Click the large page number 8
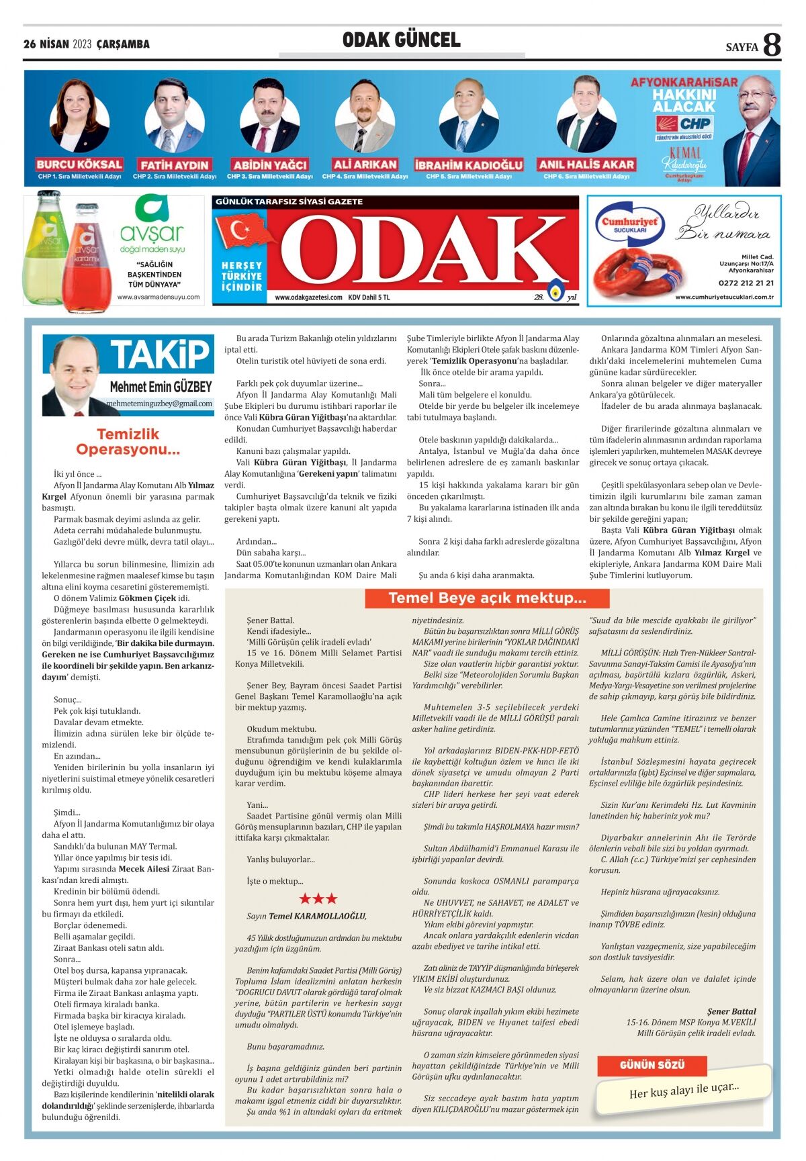point(772,45)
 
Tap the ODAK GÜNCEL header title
point(402,40)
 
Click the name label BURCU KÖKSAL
point(79,165)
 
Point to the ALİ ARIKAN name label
point(365,165)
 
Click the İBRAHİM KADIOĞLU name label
point(468,165)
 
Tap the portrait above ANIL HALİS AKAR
point(586,115)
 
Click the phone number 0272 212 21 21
point(746,283)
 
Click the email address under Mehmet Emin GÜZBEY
point(159,404)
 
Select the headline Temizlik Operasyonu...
point(128,442)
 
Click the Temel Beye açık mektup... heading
point(487,598)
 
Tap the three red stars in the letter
point(318,898)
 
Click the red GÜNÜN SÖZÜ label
point(652,1065)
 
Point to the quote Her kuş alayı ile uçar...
point(684,1090)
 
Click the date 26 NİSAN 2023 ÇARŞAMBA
point(87,44)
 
